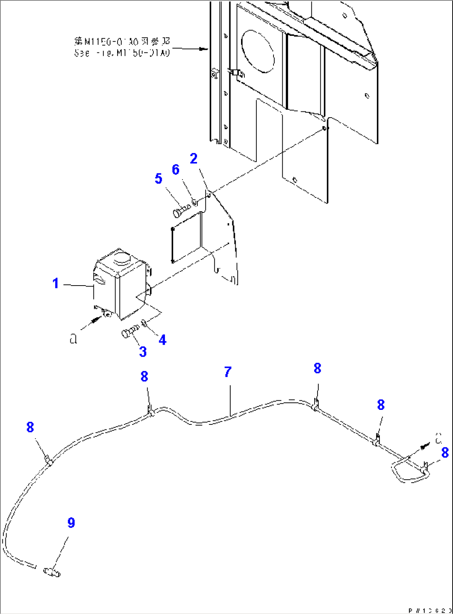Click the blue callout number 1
(56, 284)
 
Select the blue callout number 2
(194, 158)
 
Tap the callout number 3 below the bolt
(143, 352)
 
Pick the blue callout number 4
(162, 340)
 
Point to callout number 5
(158, 179)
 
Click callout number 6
(175, 170)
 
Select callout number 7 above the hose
(227, 372)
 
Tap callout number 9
(71, 523)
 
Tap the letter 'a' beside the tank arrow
(74, 340)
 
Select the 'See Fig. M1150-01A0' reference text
(122, 53)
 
